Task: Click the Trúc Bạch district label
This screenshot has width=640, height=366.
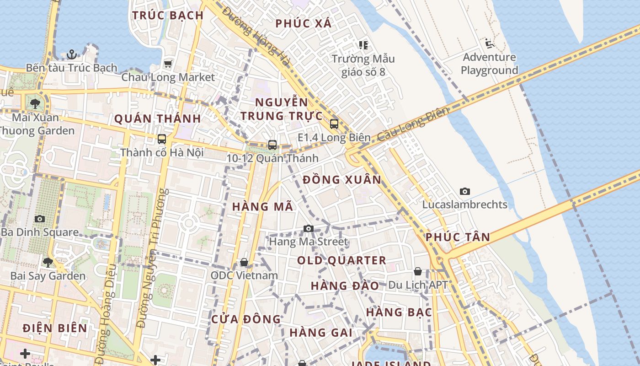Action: click(x=168, y=15)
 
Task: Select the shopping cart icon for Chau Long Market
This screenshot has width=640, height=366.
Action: click(x=168, y=64)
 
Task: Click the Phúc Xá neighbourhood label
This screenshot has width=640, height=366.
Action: click(x=304, y=23)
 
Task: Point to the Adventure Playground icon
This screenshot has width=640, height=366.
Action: click(x=489, y=44)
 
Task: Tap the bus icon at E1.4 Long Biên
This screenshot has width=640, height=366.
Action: click(x=334, y=124)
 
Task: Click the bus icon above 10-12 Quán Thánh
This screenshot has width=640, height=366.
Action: click(x=272, y=145)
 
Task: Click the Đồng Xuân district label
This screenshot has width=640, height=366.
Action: click(x=342, y=180)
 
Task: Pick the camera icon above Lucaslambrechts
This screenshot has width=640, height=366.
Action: click(x=465, y=191)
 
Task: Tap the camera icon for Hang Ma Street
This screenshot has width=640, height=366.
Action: click(x=309, y=228)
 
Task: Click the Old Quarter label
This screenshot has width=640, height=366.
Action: click(x=341, y=260)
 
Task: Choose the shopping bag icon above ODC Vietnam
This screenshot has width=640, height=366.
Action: click(x=244, y=262)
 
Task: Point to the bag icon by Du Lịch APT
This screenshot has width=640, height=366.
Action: click(x=417, y=271)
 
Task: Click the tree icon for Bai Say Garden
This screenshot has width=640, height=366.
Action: click(x=48, y=263)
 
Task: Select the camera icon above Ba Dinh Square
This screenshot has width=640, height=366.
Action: click(x=40, y=219)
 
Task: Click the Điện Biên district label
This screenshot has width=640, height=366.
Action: click(x=54, y=328)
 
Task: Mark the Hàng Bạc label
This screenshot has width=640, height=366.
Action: click(x=399, y=312)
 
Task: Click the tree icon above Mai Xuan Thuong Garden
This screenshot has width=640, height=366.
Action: click(x=35, y=104)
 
